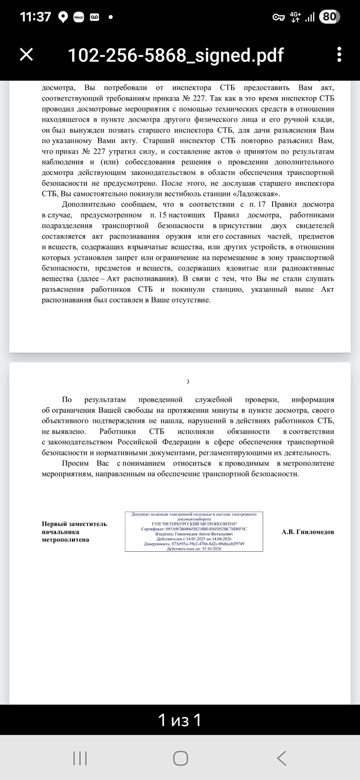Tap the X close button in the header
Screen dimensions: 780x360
(x=26, y=55)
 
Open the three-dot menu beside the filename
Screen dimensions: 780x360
(x=339, y=55)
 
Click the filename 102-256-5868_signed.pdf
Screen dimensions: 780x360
(x=175, y=55)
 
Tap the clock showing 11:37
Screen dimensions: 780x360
(x=35, y=17)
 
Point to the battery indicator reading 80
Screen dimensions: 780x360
(x=329, y=17)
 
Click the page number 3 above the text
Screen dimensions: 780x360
(x=188, y=382)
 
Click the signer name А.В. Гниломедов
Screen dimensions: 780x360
(x=308, y=532)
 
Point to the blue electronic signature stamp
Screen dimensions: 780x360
(x=194, y=532)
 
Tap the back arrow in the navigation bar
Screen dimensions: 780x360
(x=281, y=757)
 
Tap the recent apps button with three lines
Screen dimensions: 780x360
(x=80, y=757)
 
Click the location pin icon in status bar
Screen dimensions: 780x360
(x=63, y=17)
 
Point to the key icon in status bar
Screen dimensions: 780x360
(x=278, y=17)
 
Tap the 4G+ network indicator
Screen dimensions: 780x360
(x=296, y=17)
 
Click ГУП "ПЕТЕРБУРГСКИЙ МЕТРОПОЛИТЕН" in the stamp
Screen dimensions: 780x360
(x=194, y=523)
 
